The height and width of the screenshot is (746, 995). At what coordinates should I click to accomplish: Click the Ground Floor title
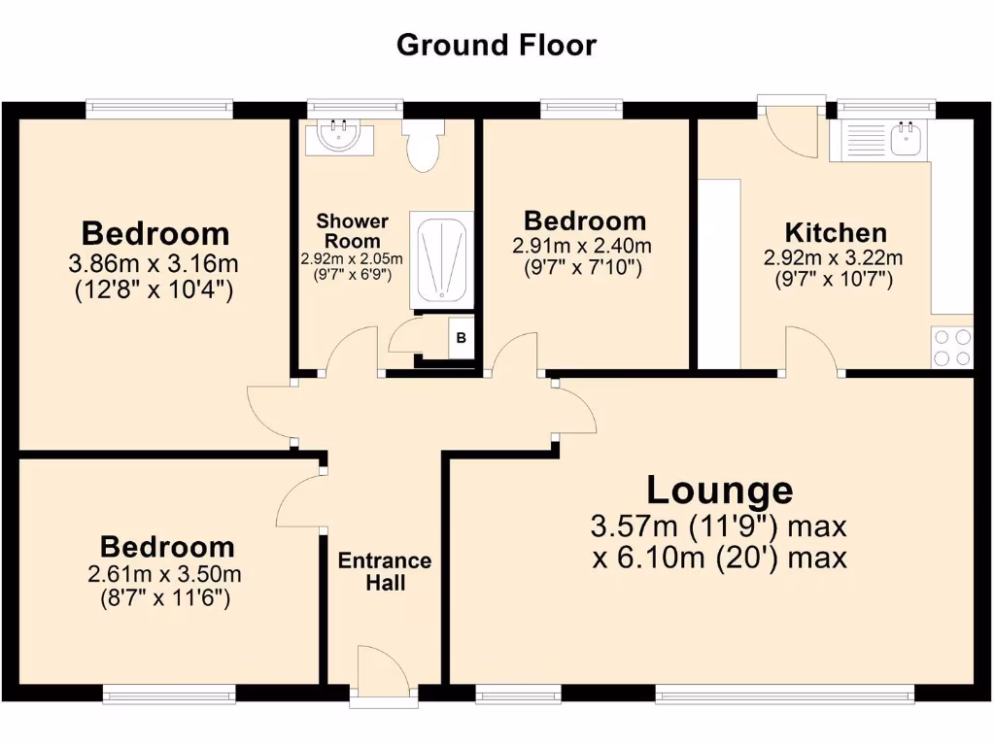497,45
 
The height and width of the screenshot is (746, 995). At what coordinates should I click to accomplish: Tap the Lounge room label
720,489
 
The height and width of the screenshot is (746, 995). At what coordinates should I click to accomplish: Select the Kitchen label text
836,233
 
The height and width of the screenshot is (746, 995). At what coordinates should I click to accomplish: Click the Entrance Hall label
385,572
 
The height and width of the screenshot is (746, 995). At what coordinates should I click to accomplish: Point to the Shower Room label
352,231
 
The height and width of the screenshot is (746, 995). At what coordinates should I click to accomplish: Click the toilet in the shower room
424,146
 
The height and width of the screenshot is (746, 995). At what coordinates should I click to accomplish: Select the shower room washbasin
339,137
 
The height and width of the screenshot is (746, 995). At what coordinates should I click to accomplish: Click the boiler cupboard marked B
462,338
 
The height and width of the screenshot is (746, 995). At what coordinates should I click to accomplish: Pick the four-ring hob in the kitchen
952,348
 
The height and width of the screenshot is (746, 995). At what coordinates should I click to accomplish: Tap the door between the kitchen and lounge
812,352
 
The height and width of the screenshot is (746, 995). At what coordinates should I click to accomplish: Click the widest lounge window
785,692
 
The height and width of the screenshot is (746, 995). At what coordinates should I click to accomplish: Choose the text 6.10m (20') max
719,559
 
